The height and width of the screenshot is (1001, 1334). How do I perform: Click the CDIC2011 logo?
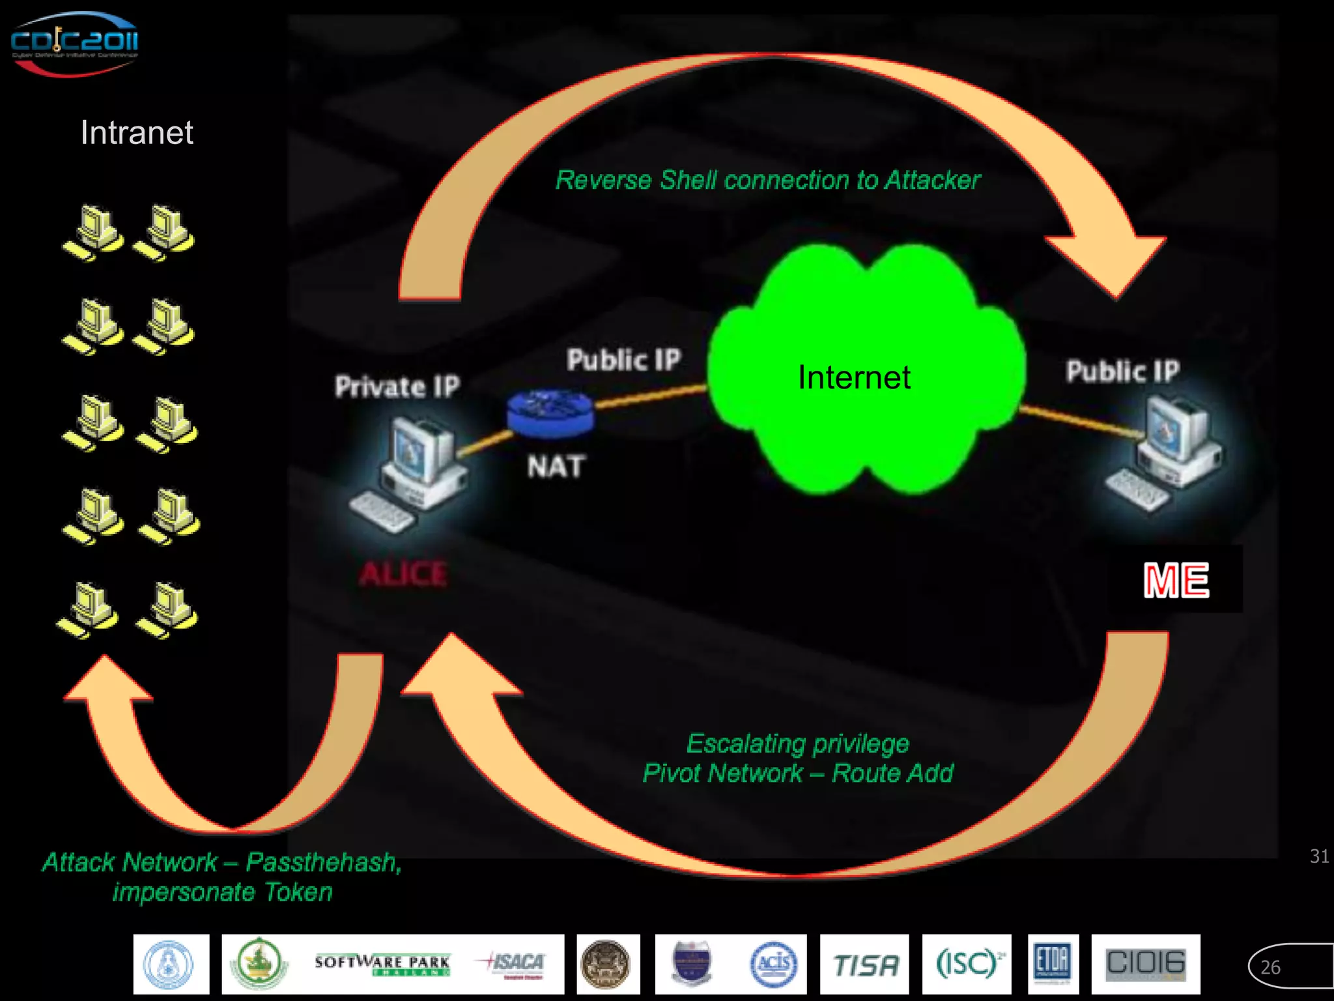pyautogui.click(x=74, y=43)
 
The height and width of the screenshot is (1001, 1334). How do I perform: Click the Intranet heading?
pyautogui.click(x=137, y=133)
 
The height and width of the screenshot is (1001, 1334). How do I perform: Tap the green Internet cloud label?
pyautogui.click(x=854, y=377)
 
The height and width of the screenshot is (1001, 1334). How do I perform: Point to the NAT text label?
pyautogui.click(x=556, y=467)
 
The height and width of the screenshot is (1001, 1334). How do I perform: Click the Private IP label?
pyautogui.click(x=397, y=386)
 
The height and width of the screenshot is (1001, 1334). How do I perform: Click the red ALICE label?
pyautogui.click(x=403, y=574)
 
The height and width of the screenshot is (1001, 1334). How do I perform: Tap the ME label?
pyautogui.click(x=1176, y=580)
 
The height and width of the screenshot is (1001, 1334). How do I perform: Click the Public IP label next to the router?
pyautogui.click(x=623, y=360)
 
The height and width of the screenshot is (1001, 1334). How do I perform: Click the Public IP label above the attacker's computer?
pyautogui.click(x=1122, y=371)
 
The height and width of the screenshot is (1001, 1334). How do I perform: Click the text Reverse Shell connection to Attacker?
pyautogui.click(x=767, y=181)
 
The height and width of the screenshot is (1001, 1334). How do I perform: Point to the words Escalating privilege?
pyautogui.click(x=798, y=744)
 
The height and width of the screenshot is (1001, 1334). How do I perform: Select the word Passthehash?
pyautogui.click(x=323, y=862)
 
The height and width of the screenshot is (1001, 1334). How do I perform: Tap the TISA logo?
pyautogui.click(x=864, y=965)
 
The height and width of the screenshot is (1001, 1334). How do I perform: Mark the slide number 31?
pyautogui.click(x=1319, y=856)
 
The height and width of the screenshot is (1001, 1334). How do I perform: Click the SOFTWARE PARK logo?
pyautogui.click(x=382, y=963)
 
